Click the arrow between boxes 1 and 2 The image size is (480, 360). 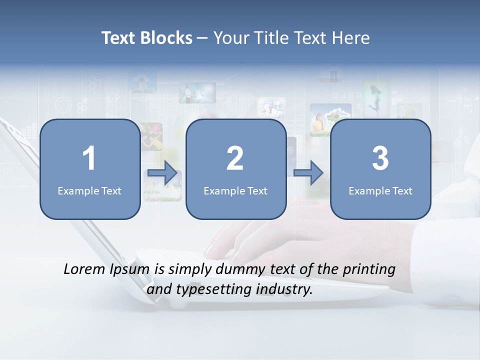pyautogui.click(x=163, y=173)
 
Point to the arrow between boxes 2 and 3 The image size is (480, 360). pyautogui.click(x=308, y=173)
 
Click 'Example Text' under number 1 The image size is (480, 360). pyautogui.click(x=89, y=190)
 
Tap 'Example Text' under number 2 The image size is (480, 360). pyautogui.click(x=235, y=190)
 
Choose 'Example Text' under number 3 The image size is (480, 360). pyautogui.click(x=380, y=190)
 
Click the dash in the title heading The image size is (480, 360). pyautogui.click(x=202, y=38)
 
